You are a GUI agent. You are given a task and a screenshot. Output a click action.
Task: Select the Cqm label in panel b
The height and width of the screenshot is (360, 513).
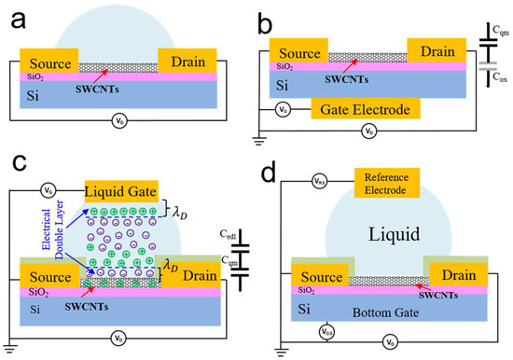pyautogui.click(x=503, y=30)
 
